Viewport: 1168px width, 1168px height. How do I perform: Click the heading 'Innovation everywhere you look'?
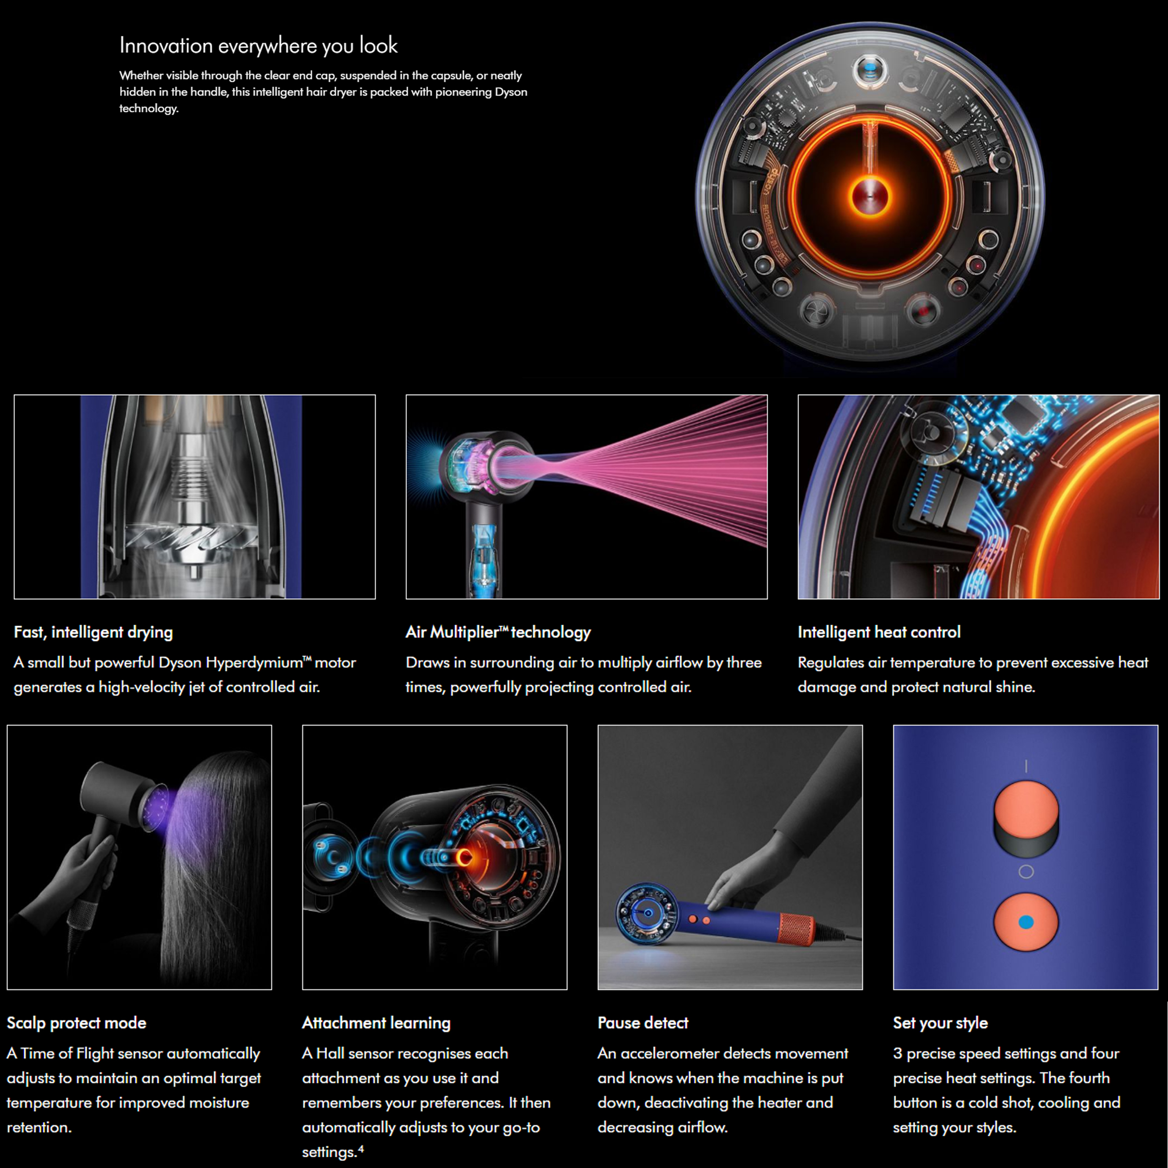(258, 46)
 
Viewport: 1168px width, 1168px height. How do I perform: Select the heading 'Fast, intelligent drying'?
(93, 633)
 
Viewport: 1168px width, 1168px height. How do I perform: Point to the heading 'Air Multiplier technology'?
(498, 633)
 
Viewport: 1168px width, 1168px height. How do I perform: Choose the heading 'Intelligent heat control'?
(878, 633)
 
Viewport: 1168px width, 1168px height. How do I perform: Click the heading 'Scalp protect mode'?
(76, 1023)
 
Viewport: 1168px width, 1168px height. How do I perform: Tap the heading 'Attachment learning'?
(376, 1023)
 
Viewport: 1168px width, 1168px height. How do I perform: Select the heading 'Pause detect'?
(643, 1023)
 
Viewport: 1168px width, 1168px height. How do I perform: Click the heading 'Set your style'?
(940, 1023)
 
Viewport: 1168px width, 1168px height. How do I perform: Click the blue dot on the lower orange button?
(1026, 922)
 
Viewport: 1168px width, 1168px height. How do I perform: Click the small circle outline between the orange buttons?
(1026, 872)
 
